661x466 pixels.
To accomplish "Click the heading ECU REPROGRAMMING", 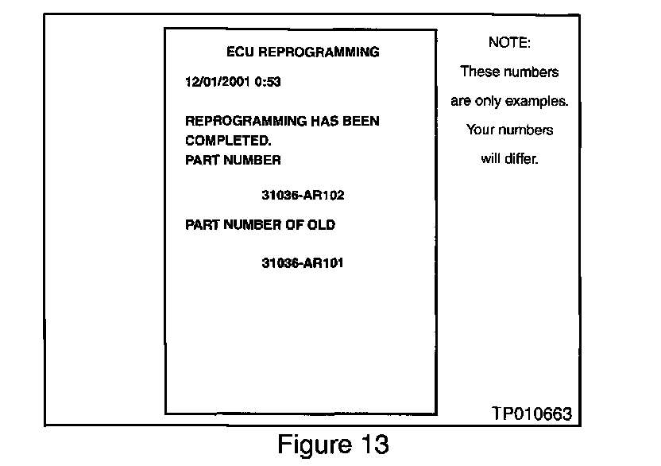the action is point(303,52).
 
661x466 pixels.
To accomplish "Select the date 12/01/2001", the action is point(211,81).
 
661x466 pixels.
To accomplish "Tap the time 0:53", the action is point(267,81).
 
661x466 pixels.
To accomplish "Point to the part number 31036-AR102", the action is point(302,194).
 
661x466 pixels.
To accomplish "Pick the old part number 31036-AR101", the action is point(302,262).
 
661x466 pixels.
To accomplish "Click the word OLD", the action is point(319,225).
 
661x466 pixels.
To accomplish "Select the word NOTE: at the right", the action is point(509,41).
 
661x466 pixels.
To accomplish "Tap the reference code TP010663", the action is point(532,414).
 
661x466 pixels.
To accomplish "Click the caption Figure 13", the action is point(333,444).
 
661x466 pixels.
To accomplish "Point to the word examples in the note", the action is point(543,101).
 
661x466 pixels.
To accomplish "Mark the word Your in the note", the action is point(481,130).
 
